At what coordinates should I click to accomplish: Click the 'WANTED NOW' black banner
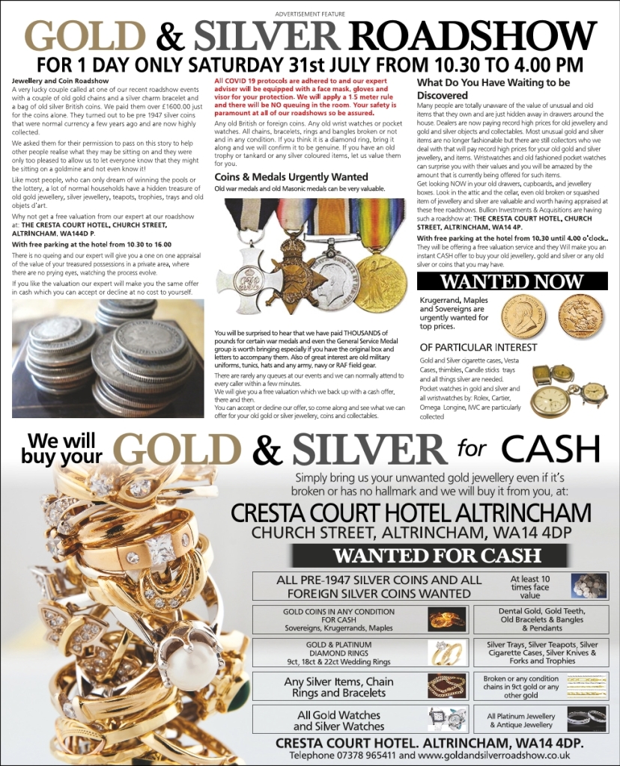(x=511, y=282)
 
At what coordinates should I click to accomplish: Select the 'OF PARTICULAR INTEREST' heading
(x=478, y=347)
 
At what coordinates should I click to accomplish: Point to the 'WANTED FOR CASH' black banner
(x=437, y=555)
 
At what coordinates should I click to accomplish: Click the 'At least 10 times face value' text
(x=529, y=587)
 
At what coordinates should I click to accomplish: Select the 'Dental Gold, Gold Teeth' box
(x=541, y=619)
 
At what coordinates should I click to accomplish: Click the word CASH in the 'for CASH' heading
(x=550, y=449)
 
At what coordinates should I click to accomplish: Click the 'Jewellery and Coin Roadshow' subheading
(x=61, y=80)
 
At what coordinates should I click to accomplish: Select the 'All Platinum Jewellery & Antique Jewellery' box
(x=521, y=720)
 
